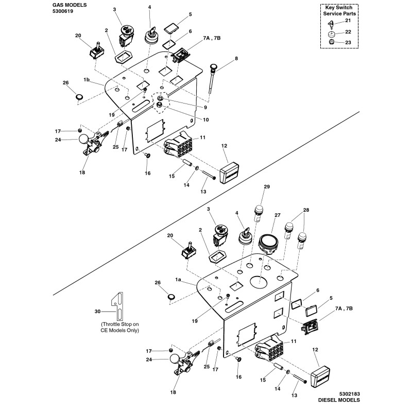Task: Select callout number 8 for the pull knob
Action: [x=236, y=59]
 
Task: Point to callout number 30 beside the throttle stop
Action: [x=97, y=311]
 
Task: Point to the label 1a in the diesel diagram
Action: [x=179, y=279]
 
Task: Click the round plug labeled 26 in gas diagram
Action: [x=79, y=96]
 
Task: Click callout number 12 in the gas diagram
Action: [x=224, y=147]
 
